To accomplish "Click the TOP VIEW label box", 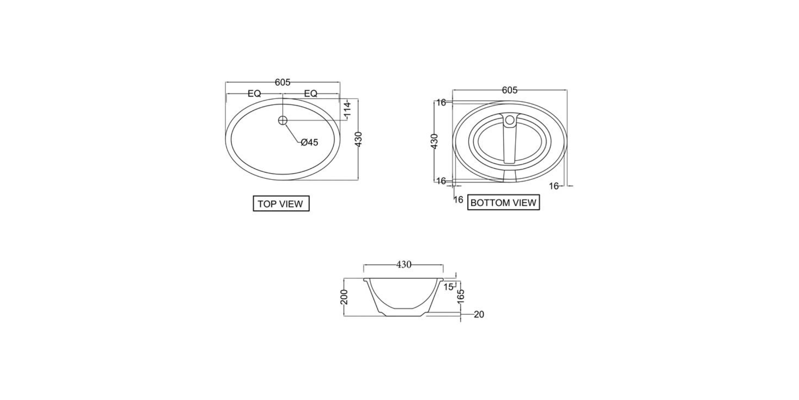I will pyautogui.click(x=281, y=203).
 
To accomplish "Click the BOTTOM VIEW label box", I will pyautogui.click(x=503, y=203).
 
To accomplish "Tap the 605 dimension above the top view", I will pyautogui.click(x=282, y=82).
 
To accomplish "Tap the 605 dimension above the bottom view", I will pyautogui.click(x=509, y=90).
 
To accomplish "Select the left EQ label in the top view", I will pyautogui.click(x=254, y=93).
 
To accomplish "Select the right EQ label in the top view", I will pyautogui.click(x=310, y=93).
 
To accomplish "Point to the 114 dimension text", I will pyautogui.click(x=347, y=110).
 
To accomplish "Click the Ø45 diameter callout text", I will pyautogui.click(x=309, y=142).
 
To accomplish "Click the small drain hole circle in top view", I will pyautogui.click(x=282, y=120).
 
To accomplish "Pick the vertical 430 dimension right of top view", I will pyautogui.click(x=358, y=139).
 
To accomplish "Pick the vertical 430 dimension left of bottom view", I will pyautogui.click(x=434, y=141).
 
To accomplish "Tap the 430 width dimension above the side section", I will pyautogui.click(x=404, y=264).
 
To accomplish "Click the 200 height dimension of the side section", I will pyautogui.click(x=344, y=297).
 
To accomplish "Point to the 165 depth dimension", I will pyautogui.click(x=461, y=296).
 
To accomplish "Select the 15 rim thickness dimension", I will pyautogui.click(x=448, y=287).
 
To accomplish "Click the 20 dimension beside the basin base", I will pyautogui.click(x=479, y=315).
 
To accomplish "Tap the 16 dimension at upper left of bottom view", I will pyautogui.click(x=441, y=102).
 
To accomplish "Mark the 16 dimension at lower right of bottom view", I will pyautogui.click(x=554, y=186).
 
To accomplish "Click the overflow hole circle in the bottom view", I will pyautogui.click(x=509, y=120).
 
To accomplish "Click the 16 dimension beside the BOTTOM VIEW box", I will pyautogui.click(x=458, y=200).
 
